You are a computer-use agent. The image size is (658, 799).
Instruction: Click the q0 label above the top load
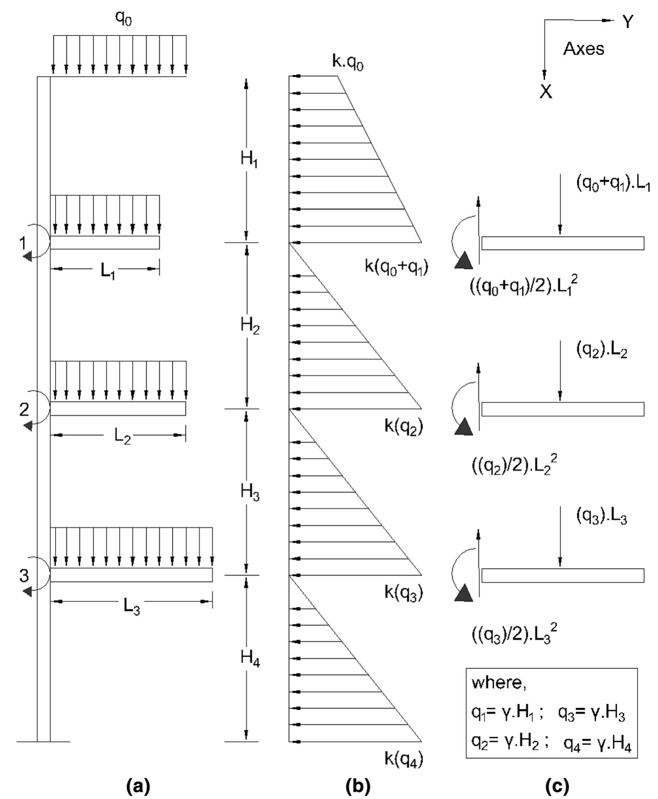pyautogui.click(x=123, y=19)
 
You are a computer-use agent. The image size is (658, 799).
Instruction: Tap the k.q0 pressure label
pyautogui.click(x=348, y=62)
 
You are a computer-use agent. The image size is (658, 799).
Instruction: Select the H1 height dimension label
pyautogui.click(x=249, y=160)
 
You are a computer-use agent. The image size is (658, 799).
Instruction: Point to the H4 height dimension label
pyautogui.click(x=250, y=658)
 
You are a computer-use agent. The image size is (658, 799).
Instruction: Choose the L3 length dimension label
pyautogui.click(x=132, y=607)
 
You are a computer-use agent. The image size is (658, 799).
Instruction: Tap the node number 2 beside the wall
pyautogui.click(x=24, y=410)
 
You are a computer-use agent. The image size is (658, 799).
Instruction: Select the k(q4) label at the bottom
pyautogui.click(x=404, y=759)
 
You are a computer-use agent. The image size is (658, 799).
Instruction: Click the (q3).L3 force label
pyautogui.click(x=602, y=516)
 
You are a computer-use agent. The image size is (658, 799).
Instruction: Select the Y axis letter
pyautogui.click(x=628, y=22)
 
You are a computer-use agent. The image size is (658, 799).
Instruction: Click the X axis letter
pyautogui.click(x=546, y=92)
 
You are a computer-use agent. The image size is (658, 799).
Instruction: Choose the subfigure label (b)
pyautogui.click(x=358, y=786)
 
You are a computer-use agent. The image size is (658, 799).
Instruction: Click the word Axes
pyautogui.click(x=584, y=49)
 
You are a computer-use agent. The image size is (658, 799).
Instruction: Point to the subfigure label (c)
pyautogui.click(x=557, y=786)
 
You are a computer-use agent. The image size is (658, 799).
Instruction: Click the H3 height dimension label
pyautogui.click(x=250, y=492)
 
